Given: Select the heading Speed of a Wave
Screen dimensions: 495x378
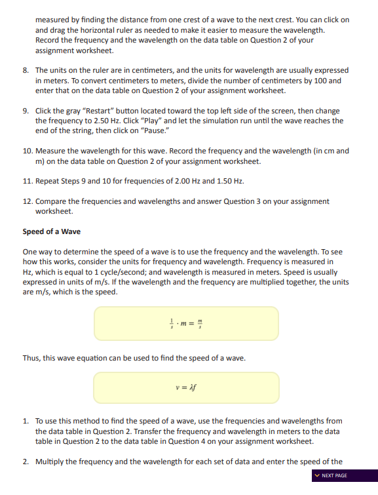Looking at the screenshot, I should pos(52,231).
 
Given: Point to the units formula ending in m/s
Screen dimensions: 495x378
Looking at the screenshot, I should pos(186,323).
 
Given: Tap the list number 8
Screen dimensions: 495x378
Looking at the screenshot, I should pos(26,70).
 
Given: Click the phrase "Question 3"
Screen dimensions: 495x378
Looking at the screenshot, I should pos(244,201).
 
